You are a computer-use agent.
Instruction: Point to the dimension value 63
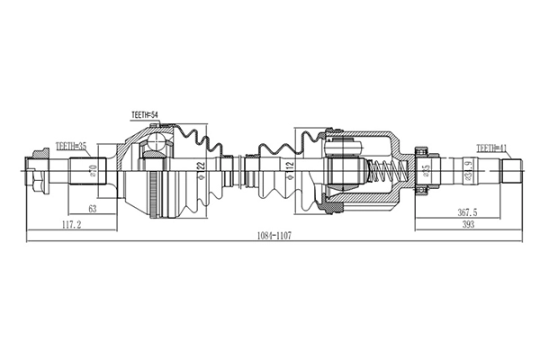pos(92,208)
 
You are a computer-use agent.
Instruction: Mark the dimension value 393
pos(467,225)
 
